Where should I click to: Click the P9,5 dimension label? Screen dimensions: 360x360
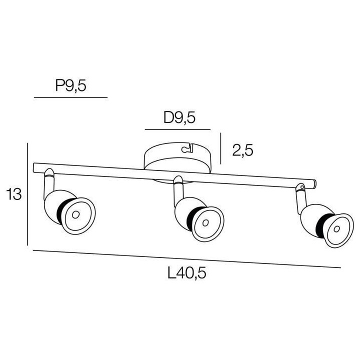point(70,86)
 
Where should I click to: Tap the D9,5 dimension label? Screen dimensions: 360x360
point(178,118)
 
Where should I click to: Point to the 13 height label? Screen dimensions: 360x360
point(13,194)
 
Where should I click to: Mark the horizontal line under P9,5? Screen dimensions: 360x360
point(70,97)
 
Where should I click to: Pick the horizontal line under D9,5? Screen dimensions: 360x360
point(177,129)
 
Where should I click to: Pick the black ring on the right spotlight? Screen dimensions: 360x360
point(322,223)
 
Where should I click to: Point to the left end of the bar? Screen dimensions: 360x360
point(35,168)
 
